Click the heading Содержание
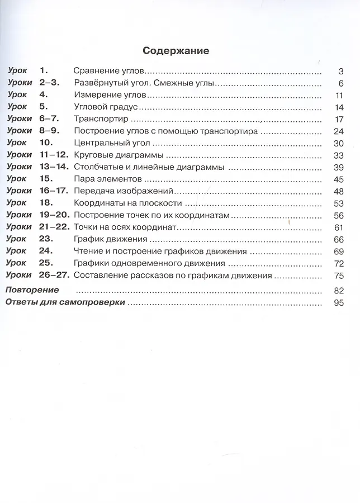(x=176, y=51)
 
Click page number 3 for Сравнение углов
(x=340, y=72)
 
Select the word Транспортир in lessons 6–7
(x=101, y=119)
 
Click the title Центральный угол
(x=108, y=143)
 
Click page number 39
(x=337, y=167)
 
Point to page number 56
(x=337, y=215)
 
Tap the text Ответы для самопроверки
(x=64, y=302)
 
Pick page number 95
(x=337, y=303)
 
